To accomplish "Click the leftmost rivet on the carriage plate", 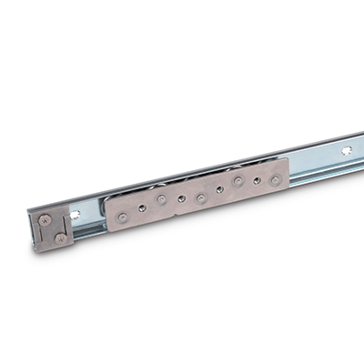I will pos(121,215).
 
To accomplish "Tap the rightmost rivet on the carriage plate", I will pos(275,179).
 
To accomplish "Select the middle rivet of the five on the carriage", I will pos(200,197).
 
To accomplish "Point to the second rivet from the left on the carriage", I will pos(160,199).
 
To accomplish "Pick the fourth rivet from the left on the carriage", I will pos(238,182).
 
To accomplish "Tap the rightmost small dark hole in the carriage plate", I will pos(257,181).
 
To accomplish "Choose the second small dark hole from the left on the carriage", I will pos(181,197).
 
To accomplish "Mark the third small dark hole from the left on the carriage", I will pos(219,189).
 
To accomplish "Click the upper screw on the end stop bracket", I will pos(45,218).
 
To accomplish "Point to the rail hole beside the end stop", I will pos(76,216).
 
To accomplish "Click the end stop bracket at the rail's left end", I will pos(51,227).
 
